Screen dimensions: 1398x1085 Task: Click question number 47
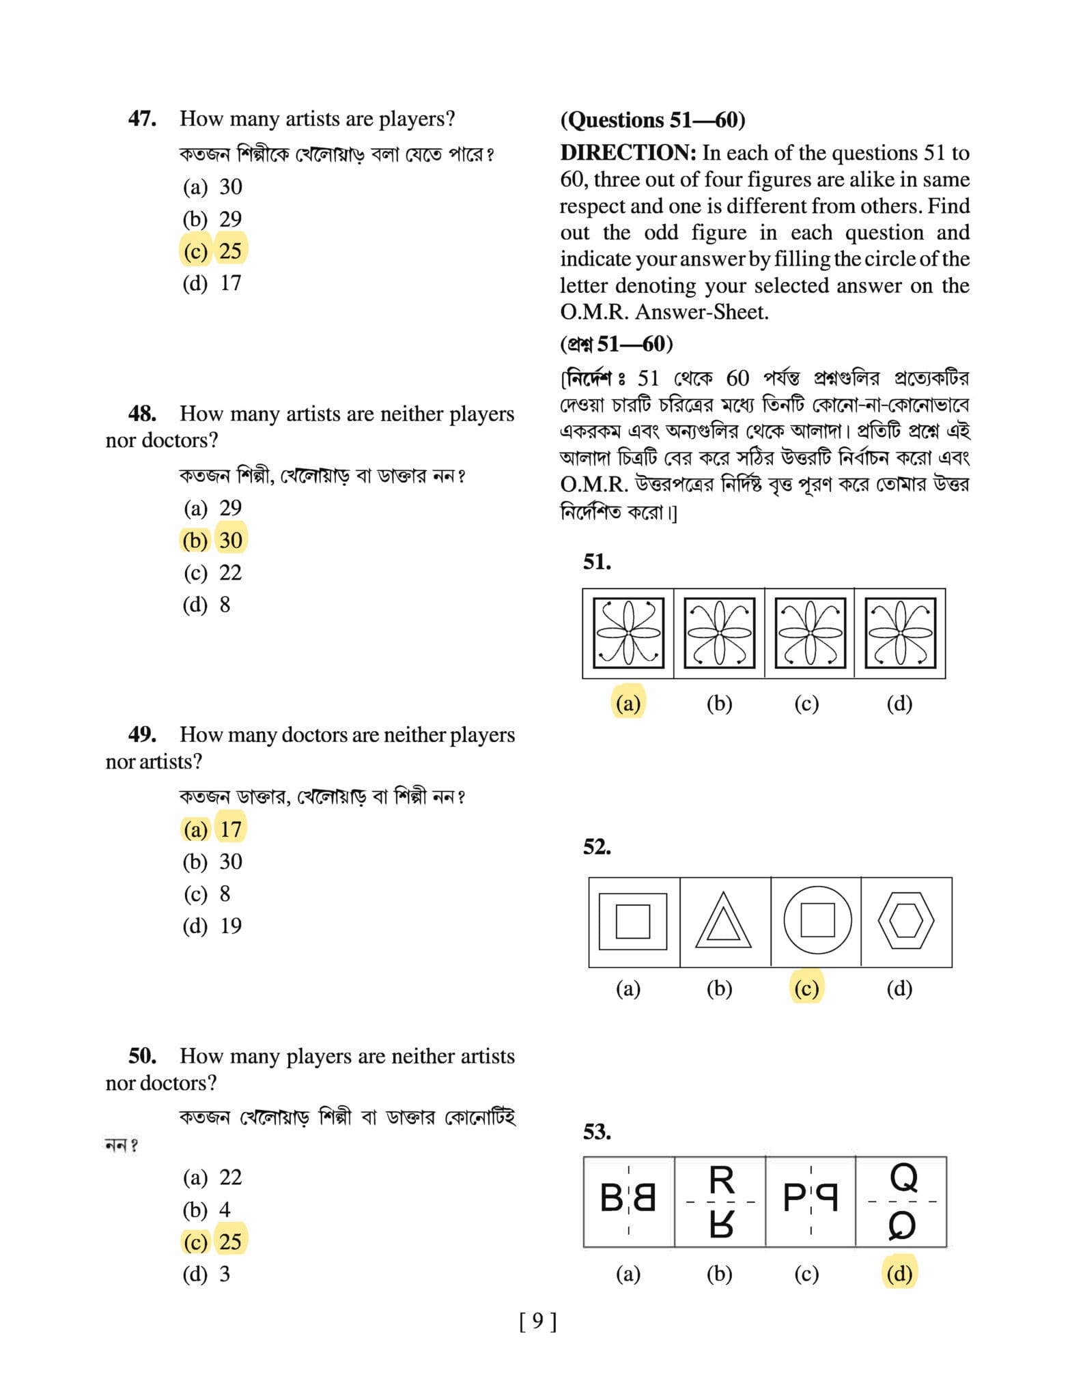coord(142,119)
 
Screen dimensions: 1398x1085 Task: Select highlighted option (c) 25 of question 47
coord(213,251)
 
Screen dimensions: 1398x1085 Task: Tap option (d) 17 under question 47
coord(212,283)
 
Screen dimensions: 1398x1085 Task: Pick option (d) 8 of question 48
coord(206,604)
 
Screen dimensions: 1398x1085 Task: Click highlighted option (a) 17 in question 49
coord(213,829)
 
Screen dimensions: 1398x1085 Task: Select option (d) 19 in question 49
coord(212,926)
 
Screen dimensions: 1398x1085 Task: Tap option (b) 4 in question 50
coord(206,1209)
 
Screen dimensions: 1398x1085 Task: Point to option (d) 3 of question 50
coord(206,1274)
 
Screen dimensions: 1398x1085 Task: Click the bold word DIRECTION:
coord(628,152)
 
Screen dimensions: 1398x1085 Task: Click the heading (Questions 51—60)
coord(652,120)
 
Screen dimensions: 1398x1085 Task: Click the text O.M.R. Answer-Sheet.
coord(664,312)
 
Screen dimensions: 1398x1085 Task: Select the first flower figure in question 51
coord(628,633)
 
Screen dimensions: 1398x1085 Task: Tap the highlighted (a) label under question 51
coord(628,702)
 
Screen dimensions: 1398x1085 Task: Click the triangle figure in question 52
coord(724,922)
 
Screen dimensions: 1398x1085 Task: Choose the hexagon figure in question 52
coord(906,921)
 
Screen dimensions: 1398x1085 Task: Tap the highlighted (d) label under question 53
coord(899,1273)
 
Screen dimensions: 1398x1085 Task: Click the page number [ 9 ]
coord(538,1322)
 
